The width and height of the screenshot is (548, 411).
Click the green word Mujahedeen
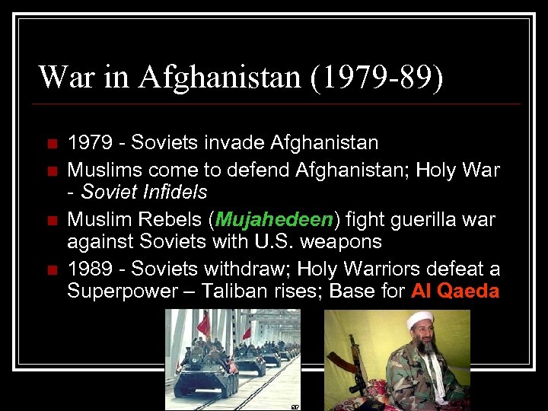[275, 220]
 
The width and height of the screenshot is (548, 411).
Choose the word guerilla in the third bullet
[422, 220]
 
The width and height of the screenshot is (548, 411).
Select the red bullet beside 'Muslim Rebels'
[51, 221]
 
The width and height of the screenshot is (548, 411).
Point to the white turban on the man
[420, 320]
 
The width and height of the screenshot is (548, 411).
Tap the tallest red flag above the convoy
[204, 323]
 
